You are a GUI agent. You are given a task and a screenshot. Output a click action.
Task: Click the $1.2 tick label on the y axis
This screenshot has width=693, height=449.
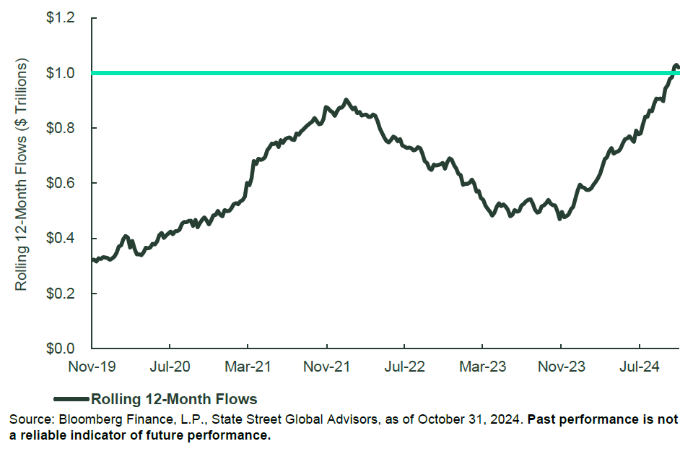[61, 17]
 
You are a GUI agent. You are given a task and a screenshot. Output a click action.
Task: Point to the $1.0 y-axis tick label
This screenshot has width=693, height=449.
[61, 73]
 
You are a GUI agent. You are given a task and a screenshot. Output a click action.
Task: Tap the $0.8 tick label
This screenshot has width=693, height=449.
[61, 128]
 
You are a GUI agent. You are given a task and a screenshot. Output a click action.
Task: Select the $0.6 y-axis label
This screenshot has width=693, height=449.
[61, 183]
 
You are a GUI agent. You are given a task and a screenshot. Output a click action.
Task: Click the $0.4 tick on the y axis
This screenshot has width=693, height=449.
[61, 238]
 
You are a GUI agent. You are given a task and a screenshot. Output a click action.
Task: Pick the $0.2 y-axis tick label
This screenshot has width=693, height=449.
[61, 294]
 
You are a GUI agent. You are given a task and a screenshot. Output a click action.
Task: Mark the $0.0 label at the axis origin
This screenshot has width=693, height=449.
[61, 348]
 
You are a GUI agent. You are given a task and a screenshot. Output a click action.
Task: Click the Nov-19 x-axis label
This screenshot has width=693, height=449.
[92, 367]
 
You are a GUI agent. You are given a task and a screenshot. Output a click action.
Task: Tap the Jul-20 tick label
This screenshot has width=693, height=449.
[170, 367]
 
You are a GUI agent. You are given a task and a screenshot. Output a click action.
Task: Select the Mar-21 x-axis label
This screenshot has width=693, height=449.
[248, 367]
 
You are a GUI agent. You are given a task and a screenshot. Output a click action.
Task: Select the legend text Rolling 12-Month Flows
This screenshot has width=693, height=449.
[174, 398]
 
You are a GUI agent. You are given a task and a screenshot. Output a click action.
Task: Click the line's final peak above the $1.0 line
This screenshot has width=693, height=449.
[676, 66]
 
